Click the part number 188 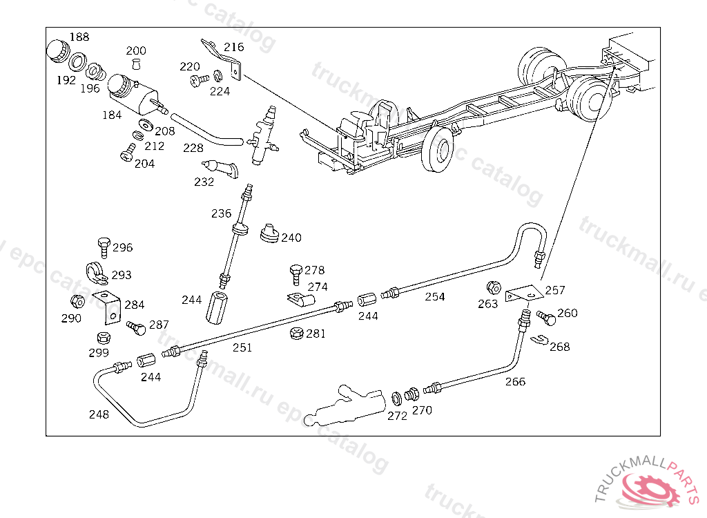79,37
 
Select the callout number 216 233,47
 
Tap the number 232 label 204,182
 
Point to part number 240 291,238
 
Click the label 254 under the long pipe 435,297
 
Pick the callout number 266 515,382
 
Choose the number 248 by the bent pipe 99,414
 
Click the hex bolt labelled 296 104,247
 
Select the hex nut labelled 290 77,301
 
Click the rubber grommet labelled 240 269,233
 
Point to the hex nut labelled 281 296,334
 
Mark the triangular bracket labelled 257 524,294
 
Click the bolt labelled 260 547,318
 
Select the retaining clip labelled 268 539,340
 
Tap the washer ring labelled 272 397,399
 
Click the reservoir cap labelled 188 58,50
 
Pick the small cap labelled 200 136,64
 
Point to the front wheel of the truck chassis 437,149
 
